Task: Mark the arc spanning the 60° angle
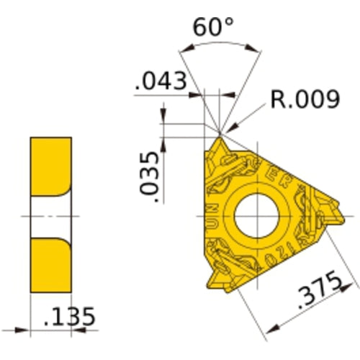pyautogui.click(x=219, y=44)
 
